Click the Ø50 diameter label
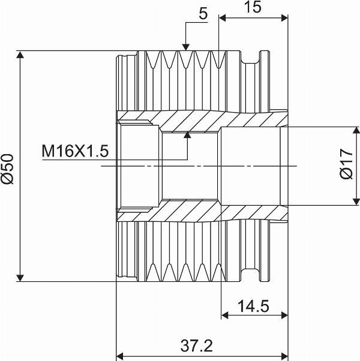[7, 169]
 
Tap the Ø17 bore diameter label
[346, 164]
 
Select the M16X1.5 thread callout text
[75, 151]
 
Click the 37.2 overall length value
[196, 345]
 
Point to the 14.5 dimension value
[253, 306]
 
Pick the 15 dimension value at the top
[253, 7]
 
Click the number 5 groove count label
[203, 14]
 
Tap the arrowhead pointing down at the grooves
[186, 47]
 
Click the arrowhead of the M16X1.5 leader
[187, 135]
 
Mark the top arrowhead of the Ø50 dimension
[20, 55]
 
